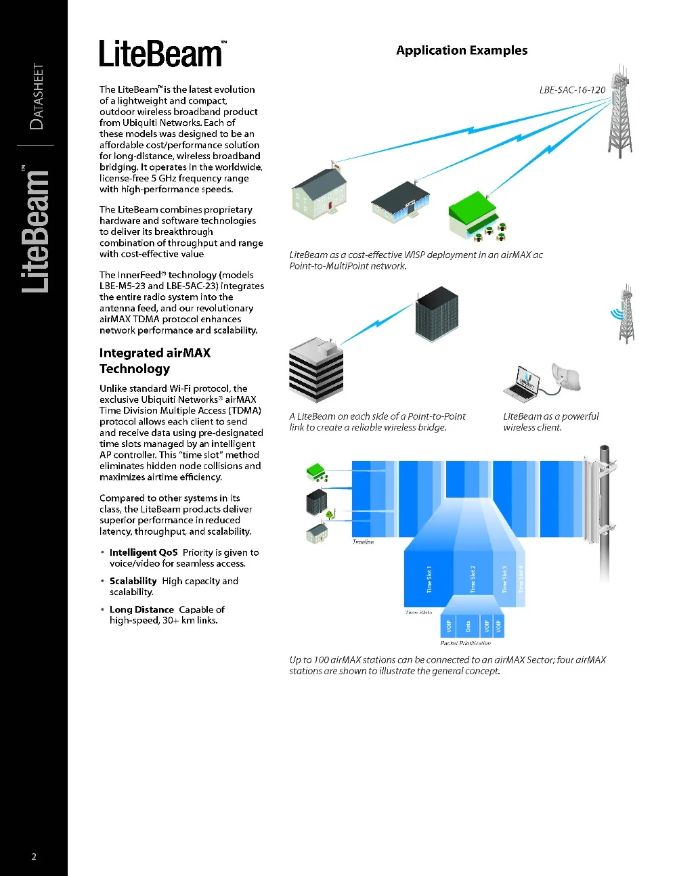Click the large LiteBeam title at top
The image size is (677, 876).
pyautogui.click(x=161, y=54)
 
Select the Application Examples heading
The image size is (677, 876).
pyautogui.click(x=462, y=51)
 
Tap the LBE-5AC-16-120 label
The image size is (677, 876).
pyautogui.click(x=572, y=90)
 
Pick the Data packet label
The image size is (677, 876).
pyautogui.click(x=468, y=626)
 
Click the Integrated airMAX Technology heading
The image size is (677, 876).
pyautogui.click(x=155, y=361)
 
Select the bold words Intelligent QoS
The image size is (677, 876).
pyautogui.click(x=144, y=552)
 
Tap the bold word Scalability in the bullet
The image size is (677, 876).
pyautogui.click(x=133, y=581)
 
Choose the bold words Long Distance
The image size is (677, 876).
pyautogui.click(x=141, y=609)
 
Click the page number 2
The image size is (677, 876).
pyautogui.click(x=34, y=856)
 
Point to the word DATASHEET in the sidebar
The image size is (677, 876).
pyautogui.click(x=37, y=96)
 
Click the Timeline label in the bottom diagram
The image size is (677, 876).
pyautogui.click(x=363, y=542)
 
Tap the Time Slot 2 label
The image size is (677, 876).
pyautogui.click(x=473, y=579)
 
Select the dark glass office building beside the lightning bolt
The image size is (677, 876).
pyautogui.click(x=437, y=313)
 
